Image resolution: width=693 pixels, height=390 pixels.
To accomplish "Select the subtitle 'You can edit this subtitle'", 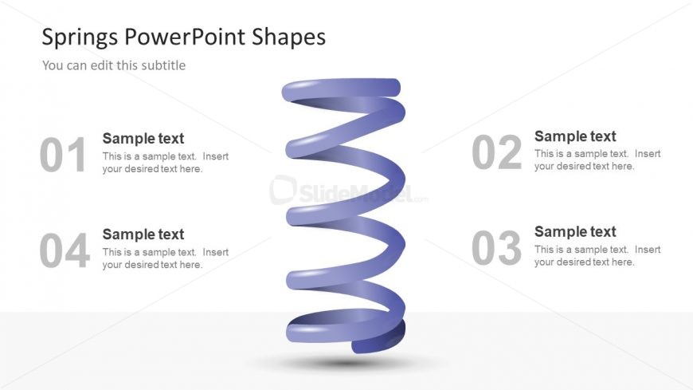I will click(114, 65).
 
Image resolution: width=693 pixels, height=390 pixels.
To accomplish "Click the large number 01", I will click(63, 156).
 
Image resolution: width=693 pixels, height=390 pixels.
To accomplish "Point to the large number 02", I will click(496, 153).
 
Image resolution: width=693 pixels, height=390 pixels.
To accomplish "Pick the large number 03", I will click(496, 249).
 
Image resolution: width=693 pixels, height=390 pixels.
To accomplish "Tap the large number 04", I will click(64, 252).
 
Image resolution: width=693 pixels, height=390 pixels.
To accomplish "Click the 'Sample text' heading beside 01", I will click(143, 138).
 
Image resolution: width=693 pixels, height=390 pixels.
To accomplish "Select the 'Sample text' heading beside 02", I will click(575, 136).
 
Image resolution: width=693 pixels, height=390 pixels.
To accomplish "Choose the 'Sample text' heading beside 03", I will click(575, 232).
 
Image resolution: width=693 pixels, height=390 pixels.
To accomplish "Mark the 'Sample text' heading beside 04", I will click(143, 234).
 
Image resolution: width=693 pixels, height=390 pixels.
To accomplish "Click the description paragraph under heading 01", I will click(165, 163).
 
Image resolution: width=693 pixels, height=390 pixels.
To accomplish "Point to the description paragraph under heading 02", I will click(597, 160).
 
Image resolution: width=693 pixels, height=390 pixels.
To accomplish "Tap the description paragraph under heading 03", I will click(597, 256).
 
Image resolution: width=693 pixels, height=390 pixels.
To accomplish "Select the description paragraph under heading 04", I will click(165, 258).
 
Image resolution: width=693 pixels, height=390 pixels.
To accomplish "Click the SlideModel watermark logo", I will click(343, 191).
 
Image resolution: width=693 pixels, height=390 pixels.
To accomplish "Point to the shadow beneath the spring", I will click(344, 364).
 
